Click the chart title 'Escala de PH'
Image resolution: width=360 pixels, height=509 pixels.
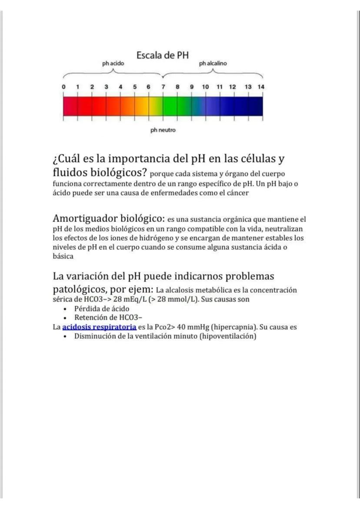tap(163, 56)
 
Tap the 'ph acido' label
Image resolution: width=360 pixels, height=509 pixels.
tap(113, 63)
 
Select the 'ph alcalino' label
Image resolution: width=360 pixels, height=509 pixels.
tap(213, 63)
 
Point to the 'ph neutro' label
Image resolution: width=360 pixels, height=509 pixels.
tap(163, 130)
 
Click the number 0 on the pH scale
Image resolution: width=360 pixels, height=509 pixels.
tap(63, 87)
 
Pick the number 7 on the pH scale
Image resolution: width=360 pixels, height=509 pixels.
tap(163, 87)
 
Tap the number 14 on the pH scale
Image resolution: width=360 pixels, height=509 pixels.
tap(261, 87)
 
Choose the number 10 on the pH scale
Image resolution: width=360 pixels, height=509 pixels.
tap(205, 87)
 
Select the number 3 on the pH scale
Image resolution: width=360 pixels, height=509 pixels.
tap(106, 87)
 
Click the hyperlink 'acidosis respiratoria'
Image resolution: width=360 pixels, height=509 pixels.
tap(99, 327)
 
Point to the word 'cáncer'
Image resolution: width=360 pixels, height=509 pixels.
tap(237, 193)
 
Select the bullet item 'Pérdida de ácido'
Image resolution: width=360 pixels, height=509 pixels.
tap(102, 309)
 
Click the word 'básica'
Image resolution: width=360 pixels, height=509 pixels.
tap(63, 256)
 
